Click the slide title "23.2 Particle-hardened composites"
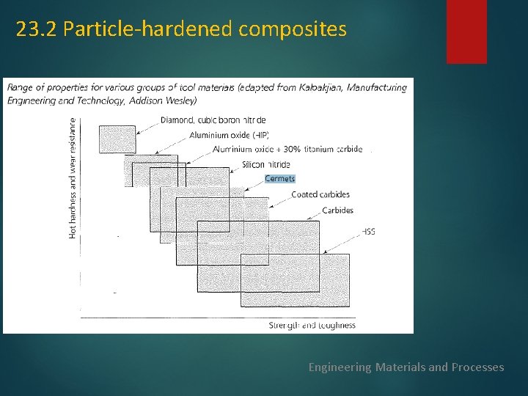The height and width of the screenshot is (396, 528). point(181,29)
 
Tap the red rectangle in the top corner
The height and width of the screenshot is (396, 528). point(466,31)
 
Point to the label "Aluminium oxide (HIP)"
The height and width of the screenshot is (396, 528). point(230,135)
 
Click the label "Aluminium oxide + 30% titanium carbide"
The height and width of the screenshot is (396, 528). point(287,150)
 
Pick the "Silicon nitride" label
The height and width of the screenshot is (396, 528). point(265,165)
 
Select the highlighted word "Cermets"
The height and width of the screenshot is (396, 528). point(279,179)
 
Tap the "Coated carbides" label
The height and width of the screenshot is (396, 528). point(320,195)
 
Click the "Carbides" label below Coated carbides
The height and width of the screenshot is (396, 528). point(337,210)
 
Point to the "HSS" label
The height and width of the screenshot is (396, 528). point(368,232)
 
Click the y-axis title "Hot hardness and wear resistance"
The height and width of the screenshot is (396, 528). point(73,177)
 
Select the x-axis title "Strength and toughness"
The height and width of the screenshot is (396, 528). point(312,325)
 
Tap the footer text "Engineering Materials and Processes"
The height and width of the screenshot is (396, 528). point(406,367)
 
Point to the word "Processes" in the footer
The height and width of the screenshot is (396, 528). point(477,367)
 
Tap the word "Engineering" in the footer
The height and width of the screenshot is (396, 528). point(340,367)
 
